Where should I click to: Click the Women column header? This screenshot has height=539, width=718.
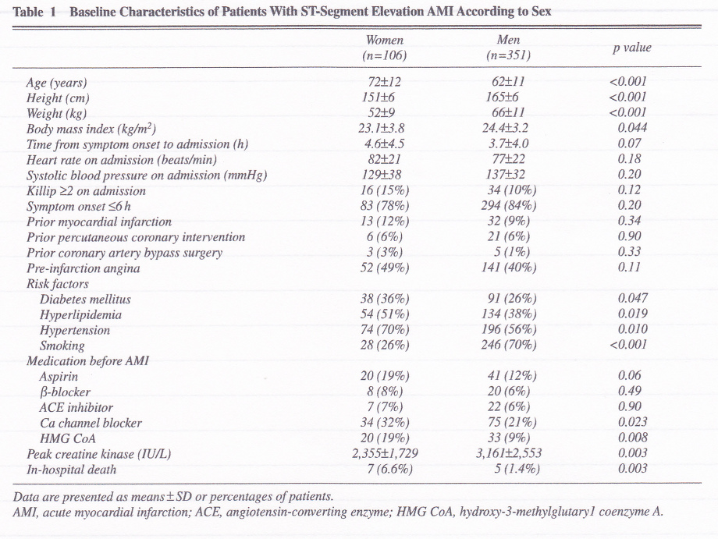tap(385, 41)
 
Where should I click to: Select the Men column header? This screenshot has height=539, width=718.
tap(508, 41)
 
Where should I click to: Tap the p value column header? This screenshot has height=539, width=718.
tap(631, 48)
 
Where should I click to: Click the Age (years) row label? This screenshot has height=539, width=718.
tap(57, 82)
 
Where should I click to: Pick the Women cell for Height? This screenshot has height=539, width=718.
tap(385, 98)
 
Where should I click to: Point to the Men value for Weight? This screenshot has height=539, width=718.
tap(508, 113)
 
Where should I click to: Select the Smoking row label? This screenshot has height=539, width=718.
tap(62, 346)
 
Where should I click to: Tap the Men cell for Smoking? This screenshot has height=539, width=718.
tap(508, 346)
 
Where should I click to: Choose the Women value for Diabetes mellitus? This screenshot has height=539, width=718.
tap(385, 299)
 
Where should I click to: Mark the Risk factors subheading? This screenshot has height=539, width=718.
tap(57, 284)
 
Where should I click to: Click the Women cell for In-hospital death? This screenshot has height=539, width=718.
tap(385, 469)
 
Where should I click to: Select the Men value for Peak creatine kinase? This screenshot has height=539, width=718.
tap(508, 453)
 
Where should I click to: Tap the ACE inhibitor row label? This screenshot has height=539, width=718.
tap(76, 407)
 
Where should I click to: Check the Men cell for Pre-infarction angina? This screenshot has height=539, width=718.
tap(508, 268)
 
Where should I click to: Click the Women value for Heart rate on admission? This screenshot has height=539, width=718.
tap(385, 159)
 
